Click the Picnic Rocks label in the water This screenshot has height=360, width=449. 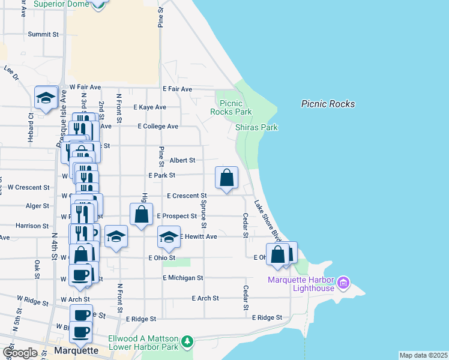(328, 104)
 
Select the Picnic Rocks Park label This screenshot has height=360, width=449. (231, 107)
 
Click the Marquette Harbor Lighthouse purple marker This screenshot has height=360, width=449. (343, 281)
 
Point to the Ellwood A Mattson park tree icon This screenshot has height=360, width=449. (188, 341)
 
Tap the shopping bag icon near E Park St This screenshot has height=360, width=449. (227, 178)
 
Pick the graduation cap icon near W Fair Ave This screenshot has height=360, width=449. (46, 97)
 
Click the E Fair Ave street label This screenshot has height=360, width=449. (177, 89)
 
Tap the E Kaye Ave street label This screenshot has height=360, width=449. (152, 107)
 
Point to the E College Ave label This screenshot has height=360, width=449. (158, 127)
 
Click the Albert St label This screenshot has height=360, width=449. (182, 160)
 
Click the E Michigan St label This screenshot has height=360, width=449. (183, 278)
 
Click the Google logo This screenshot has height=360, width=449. (20, 353)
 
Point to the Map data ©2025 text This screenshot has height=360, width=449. (423, 355)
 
